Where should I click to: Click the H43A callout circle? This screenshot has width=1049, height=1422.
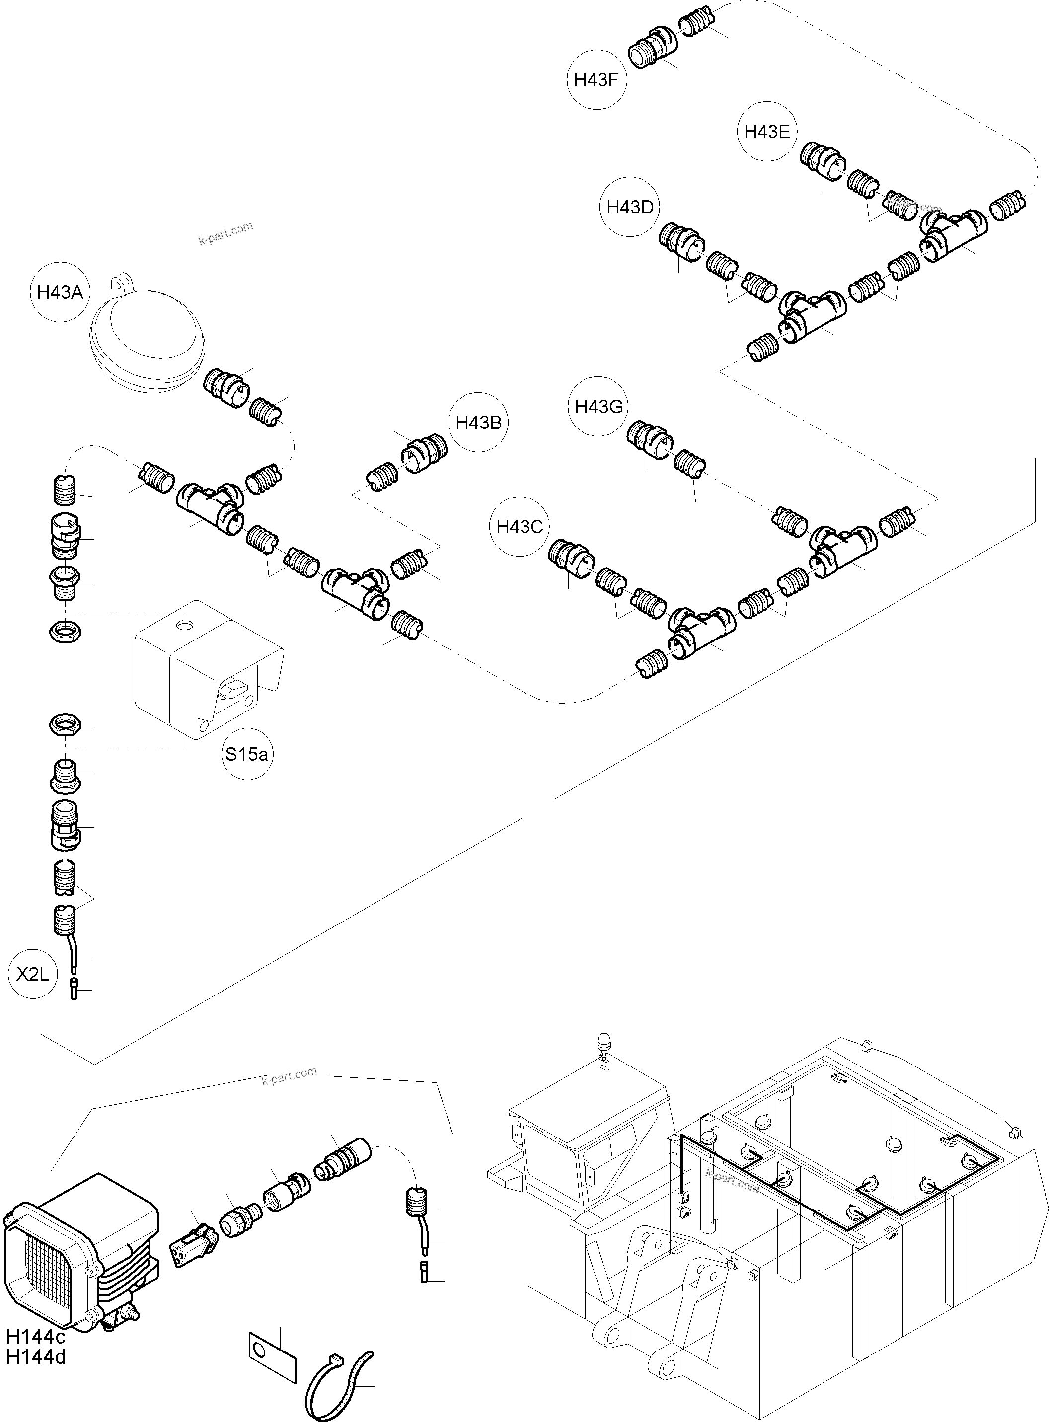coord(60,292)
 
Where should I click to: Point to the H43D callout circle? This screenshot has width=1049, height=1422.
coord(630,207)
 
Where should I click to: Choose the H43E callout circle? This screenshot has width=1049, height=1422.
coord(766,132)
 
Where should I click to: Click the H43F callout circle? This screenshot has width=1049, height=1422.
coord(596,80)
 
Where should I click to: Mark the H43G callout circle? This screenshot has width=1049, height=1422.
coord(598,406)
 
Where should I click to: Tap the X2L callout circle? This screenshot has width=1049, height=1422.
coord(32,974)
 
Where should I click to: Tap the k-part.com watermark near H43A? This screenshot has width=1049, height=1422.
coord(225,234)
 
